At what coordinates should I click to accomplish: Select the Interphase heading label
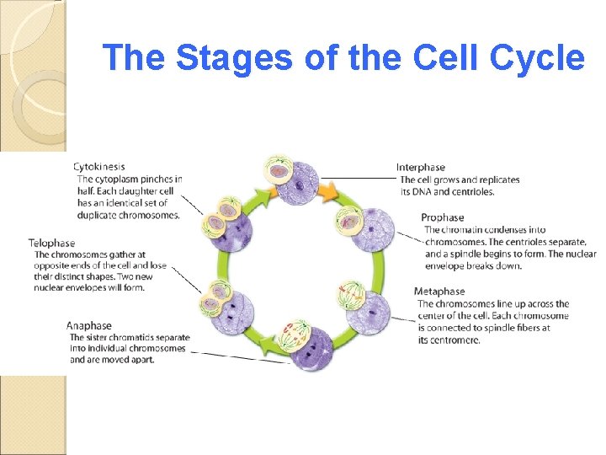421,168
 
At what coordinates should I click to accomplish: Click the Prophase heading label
443,218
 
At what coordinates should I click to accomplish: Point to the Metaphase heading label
439,292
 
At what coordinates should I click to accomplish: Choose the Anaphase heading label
89,325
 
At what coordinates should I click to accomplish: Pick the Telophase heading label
51,244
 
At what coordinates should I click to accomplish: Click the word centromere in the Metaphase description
453,340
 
